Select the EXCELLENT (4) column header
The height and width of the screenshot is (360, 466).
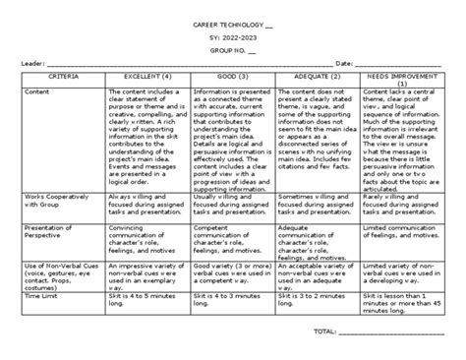tap(146, 75)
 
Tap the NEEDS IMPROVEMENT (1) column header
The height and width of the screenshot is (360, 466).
tap(404, 79)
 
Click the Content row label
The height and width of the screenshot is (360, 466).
tap(37, 92)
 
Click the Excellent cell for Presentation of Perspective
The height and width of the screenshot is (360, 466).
tap(146, 235)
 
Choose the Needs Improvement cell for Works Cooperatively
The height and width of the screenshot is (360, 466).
tap(404, 201)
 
